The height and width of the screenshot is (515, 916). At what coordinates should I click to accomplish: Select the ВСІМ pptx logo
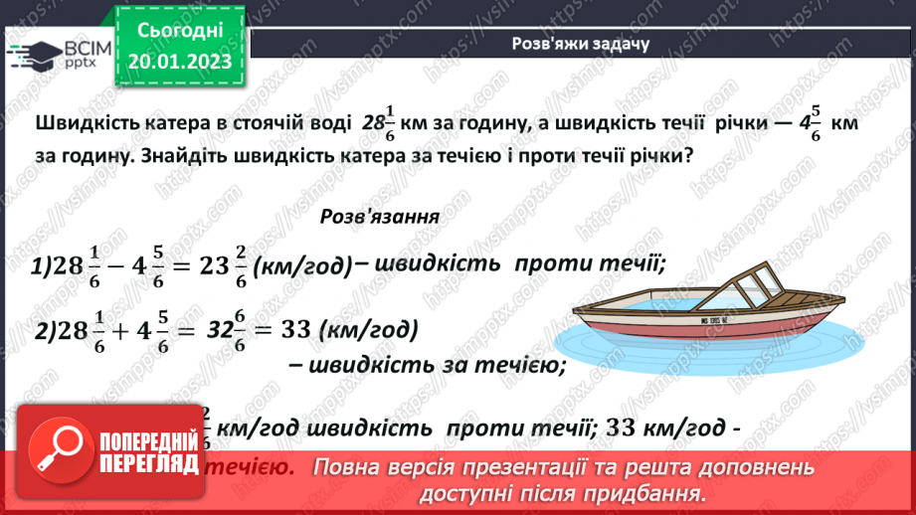tap(56, 55)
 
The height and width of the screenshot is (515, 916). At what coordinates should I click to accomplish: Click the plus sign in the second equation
tap(115, 330)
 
